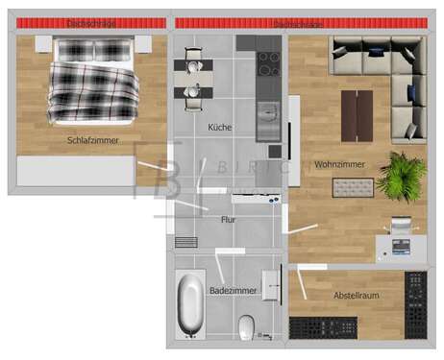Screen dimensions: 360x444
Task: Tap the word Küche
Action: [x=219, y=128]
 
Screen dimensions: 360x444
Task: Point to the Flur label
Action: [x=228, y=220]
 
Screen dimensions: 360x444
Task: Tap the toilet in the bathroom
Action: [x=246, y=326]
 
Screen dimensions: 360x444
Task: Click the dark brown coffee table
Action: [x=357, y=114]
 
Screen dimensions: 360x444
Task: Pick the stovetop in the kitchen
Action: [x=269, y=64]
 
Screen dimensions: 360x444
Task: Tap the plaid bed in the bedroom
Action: [x=92, y=81]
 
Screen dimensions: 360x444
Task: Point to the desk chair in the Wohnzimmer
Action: [x=401, y=226]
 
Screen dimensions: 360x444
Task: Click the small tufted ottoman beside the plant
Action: [x=353, y=186]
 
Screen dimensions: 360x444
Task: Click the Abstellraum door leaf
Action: [x=302, y=282]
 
